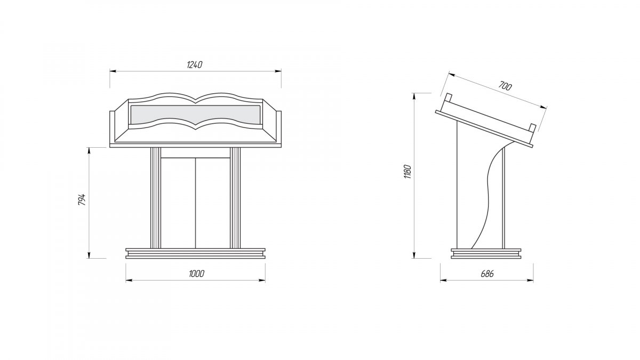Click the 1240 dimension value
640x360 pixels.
tap(195, 65)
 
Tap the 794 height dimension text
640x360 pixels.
tap(82, 199)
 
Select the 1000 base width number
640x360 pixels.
tap(197, 274)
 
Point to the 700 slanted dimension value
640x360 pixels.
tap(505, 86)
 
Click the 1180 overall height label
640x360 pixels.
tap(407, 172)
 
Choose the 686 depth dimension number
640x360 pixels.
tap(487, 274)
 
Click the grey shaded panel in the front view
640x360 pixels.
tap(195, 115)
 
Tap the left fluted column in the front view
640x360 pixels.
tap(155, 198)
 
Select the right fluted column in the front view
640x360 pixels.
tap(235, 198)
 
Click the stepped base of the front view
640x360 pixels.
tap(195, 253)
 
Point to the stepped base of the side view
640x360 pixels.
tap(486, 253)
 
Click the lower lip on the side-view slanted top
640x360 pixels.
tap(532, 127)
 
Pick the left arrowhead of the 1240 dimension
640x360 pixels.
tap(113, 71)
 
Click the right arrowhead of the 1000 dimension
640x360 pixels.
tap(262, 281)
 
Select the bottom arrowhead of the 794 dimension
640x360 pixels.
tap(89, 255)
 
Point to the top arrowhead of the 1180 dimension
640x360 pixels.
tap(414, 97)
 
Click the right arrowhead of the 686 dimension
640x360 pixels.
tap(530, 281)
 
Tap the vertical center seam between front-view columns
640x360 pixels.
tap(195, 203)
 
